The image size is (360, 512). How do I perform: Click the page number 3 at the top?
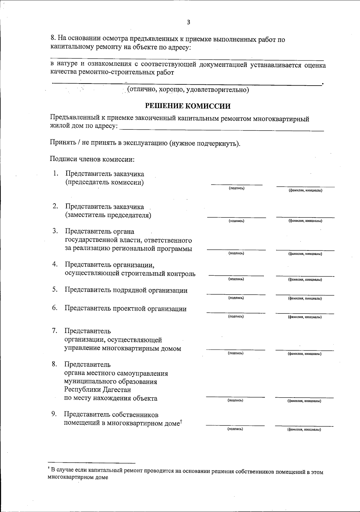click(x=188, y=22)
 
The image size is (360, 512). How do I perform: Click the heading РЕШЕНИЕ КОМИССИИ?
click(x=188, y=106)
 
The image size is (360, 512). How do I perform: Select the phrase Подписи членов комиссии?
click(x=92, y=159)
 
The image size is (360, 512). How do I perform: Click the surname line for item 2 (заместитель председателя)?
click(x=305, y=217)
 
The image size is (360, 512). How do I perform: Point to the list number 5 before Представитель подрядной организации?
click(x=55, y=289)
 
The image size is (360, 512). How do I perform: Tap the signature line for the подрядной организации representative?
click(x=236, y=294)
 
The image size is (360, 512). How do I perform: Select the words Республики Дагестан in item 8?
click(x=97, y=390)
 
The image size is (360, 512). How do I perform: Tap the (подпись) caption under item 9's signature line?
click(x=235, y=429)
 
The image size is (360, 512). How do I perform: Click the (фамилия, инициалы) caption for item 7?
click(x=304, y=354)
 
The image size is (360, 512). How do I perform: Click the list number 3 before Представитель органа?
click(x=55, y=231)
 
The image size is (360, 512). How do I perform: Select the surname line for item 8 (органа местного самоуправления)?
click(x=304, y=397)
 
